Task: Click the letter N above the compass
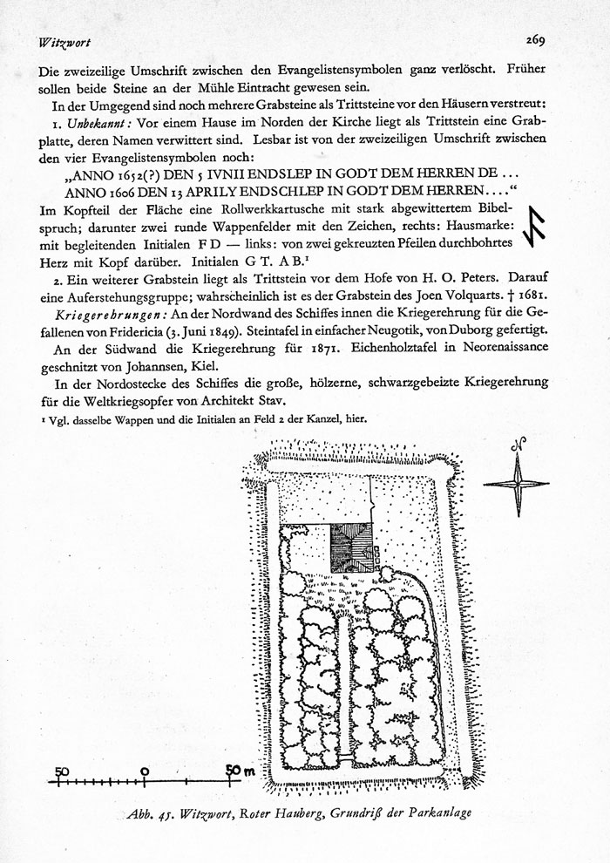(519, 445)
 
